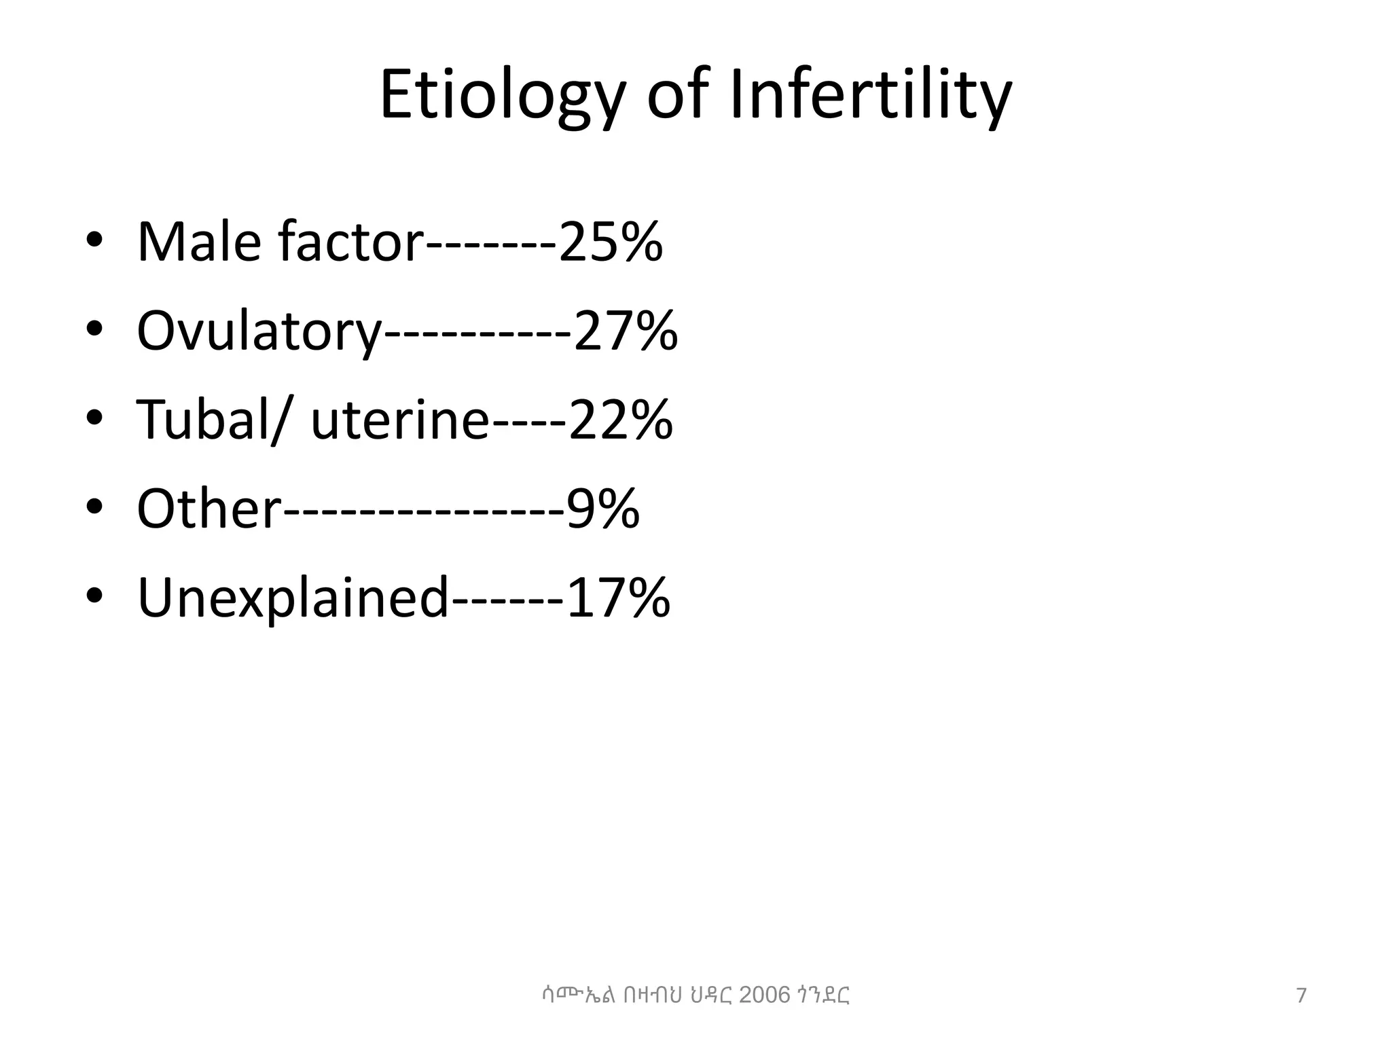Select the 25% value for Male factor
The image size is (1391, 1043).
click(x=610, y=242)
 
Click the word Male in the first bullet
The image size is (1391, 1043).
click(x=199, y=242)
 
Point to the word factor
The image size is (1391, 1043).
click(x=350, y=242)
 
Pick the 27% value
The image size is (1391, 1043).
click(x=626, y=331)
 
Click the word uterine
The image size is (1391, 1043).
click(x=399, y=420)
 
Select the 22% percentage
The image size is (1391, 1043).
click(x=620, y=420)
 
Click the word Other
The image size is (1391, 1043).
click(x=209, y=509)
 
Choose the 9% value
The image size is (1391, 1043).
click(x=603, y=509)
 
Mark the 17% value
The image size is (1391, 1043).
click(x=618, y=598)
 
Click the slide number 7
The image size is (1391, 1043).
click(x=1301, y=996)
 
